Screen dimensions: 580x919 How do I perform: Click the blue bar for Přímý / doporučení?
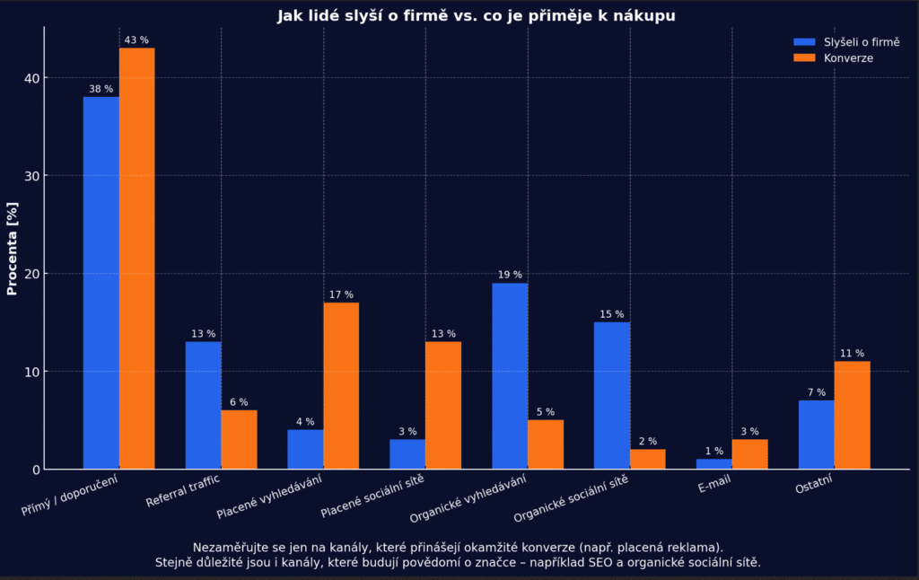101,283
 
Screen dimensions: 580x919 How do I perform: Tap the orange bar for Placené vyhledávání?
341,386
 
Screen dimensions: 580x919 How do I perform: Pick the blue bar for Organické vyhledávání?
510,376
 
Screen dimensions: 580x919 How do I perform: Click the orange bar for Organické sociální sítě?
648,459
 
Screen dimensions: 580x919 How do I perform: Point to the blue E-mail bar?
714,464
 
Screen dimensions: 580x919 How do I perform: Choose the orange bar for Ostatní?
852,415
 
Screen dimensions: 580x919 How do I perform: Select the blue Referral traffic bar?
204,405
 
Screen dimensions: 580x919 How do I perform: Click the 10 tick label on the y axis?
31,372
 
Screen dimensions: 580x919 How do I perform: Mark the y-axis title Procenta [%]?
13,248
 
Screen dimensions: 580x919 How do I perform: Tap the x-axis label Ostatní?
813,488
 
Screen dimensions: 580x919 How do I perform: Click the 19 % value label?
510,275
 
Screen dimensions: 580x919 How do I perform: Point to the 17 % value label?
341,294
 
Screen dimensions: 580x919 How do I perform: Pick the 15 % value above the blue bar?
612,314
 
